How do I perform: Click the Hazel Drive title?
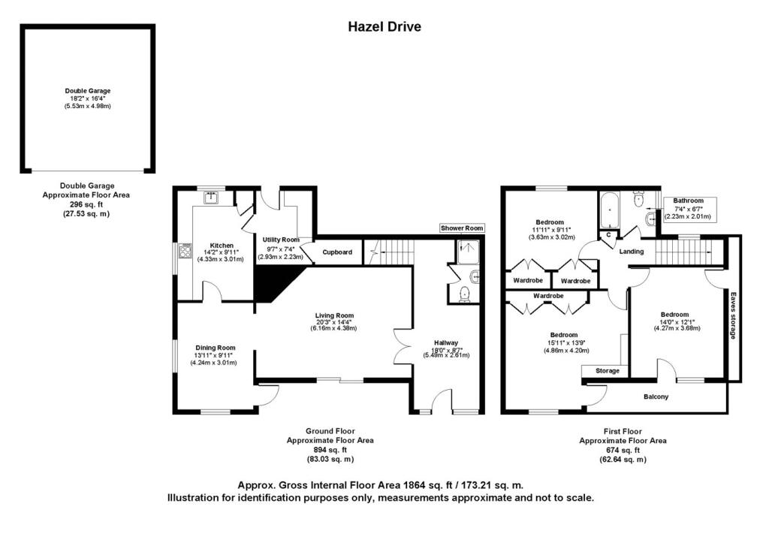point(384,26)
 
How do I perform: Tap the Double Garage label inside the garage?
point(88,91)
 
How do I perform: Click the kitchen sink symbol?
point(211,198)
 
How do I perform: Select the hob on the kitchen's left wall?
point(185,251)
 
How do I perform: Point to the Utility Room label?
point(281,240)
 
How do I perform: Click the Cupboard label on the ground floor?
point(337,252)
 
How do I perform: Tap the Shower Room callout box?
point(462,228)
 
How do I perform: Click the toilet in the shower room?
point(464,294)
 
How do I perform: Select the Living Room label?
point(334,315)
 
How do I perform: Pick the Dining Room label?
point(216,348)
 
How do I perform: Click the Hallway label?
point(446,343)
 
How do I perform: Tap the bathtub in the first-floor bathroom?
point(608,211)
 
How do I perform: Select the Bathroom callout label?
point(688,201)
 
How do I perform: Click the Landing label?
point(631,252)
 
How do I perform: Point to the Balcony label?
point(656,397)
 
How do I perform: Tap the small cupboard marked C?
point(608,235)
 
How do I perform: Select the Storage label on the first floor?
point(607,371)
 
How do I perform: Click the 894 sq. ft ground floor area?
point(330,450)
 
